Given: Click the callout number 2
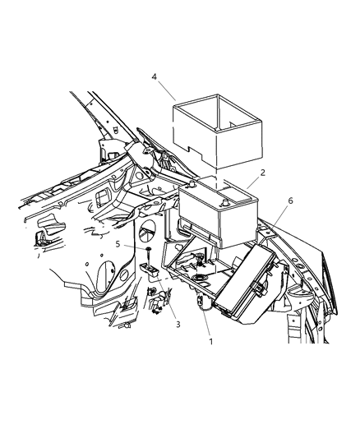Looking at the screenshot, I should (x=262, y=173).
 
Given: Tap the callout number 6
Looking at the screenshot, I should (x=289, y=200).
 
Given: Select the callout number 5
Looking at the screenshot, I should (x=118, y=245).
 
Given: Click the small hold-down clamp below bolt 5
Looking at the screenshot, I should (x=150, y=271).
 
